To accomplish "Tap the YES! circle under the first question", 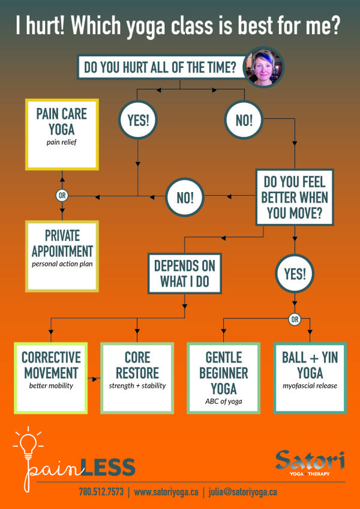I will point(139,119).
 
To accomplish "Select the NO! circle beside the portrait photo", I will point(244,119).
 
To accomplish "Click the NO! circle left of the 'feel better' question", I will point(185,196).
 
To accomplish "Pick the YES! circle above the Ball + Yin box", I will point(294,274).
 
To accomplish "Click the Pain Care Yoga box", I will point(62,134).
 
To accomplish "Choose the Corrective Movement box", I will point(50,377).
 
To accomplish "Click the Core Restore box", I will point(137,377).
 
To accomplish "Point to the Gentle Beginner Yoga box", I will point(223,377).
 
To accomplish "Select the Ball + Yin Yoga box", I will point(310,377).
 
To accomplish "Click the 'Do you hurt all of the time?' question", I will point(161,67).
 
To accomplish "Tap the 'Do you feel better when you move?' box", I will point(295,196).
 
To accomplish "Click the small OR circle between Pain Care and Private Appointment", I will point(62,196).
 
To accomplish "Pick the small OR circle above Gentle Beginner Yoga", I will point(294,319).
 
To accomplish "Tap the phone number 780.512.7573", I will point(101,492).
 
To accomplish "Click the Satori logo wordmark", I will point(310,461).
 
